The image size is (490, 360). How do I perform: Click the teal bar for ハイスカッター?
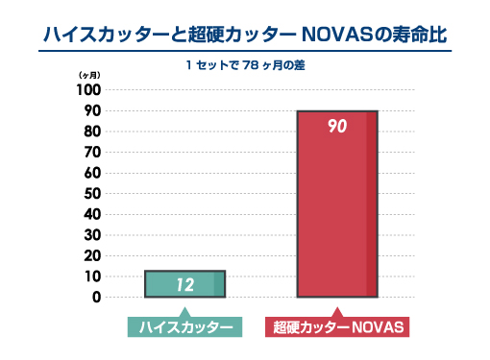pos(184,284)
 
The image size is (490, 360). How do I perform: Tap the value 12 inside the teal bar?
pos(184,284)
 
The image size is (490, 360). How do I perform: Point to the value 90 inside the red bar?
pos(336,126)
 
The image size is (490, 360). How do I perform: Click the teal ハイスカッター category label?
pos(184,327)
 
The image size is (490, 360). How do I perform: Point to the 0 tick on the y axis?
pos(96,298)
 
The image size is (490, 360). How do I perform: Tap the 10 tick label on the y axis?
pos(92,276)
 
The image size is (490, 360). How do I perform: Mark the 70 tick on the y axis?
pos(92,152)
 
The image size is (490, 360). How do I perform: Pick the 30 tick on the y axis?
pos(92,235)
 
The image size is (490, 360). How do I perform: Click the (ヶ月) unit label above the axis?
pos(88,75)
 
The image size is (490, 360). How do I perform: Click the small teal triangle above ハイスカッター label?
pos(184,311)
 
